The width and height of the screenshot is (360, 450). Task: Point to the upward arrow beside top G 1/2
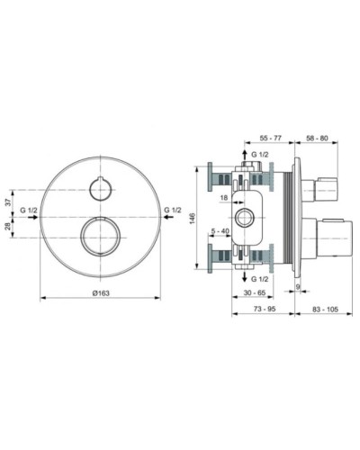(244, 155)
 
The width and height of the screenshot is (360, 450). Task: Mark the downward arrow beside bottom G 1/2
(244, 279)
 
